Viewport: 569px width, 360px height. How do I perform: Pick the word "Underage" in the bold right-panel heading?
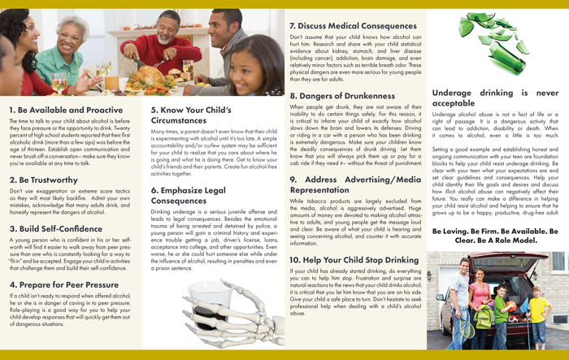click(x=456, y=93)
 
